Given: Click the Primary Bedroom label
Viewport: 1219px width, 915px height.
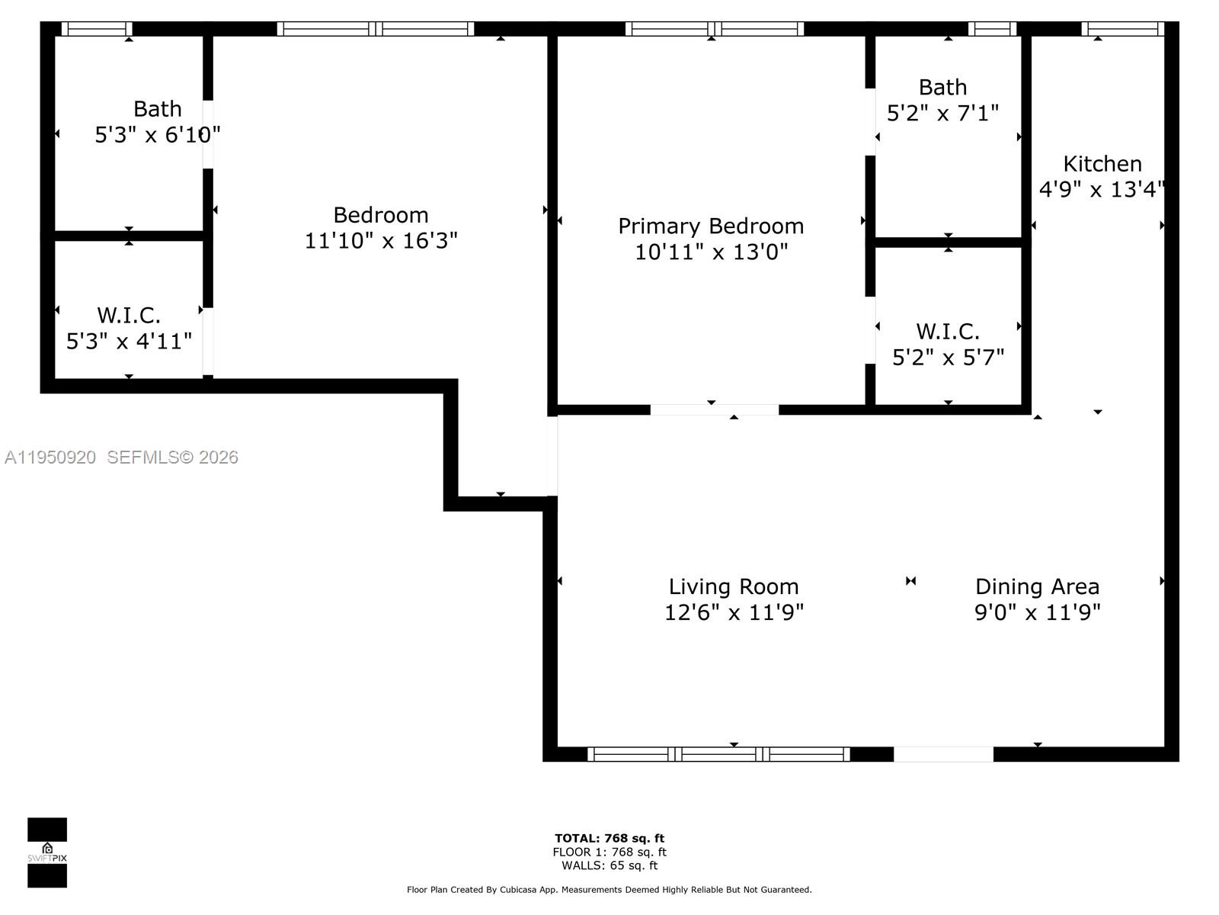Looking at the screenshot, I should coord(710,226).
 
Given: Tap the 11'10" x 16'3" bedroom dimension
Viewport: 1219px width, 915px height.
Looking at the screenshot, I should coord(381,241).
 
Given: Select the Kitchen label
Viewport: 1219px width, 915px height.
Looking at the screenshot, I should coord(1102,164).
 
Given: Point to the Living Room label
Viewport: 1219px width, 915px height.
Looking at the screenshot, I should coord(733,586).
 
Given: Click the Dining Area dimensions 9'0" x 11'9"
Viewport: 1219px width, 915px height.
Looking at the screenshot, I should coord(1037,612).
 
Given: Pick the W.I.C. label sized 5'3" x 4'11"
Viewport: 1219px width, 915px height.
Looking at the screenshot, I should coord(129,315).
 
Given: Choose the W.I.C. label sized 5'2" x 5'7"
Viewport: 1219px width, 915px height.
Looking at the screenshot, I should coord(947,332).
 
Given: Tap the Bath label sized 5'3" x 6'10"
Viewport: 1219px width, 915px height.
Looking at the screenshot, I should coord(157,109).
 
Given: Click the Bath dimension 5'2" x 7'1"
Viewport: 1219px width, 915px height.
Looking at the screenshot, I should coord(942,114).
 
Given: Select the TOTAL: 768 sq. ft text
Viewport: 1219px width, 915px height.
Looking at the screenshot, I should coord(609,838).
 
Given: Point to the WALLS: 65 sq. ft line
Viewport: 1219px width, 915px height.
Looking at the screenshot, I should coord(609,865).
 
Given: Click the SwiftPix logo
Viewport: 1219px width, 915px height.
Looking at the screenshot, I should coord(47,852).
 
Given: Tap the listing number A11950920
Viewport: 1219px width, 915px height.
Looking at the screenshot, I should coord(50,457).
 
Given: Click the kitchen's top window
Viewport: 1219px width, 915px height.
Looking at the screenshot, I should coord(1122,29).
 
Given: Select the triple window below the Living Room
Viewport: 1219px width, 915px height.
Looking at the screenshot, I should coord(718,754).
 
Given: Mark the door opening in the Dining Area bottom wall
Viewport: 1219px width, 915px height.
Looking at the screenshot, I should coord(942,754).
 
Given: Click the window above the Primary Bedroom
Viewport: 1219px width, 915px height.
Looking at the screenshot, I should coord(714,29).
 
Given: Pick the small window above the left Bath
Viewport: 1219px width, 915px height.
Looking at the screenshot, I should coord(96,29).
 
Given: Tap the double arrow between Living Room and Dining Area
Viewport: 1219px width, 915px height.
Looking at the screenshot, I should coord(910,581).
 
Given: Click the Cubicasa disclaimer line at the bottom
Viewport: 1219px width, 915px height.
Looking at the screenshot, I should coord(609,890).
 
